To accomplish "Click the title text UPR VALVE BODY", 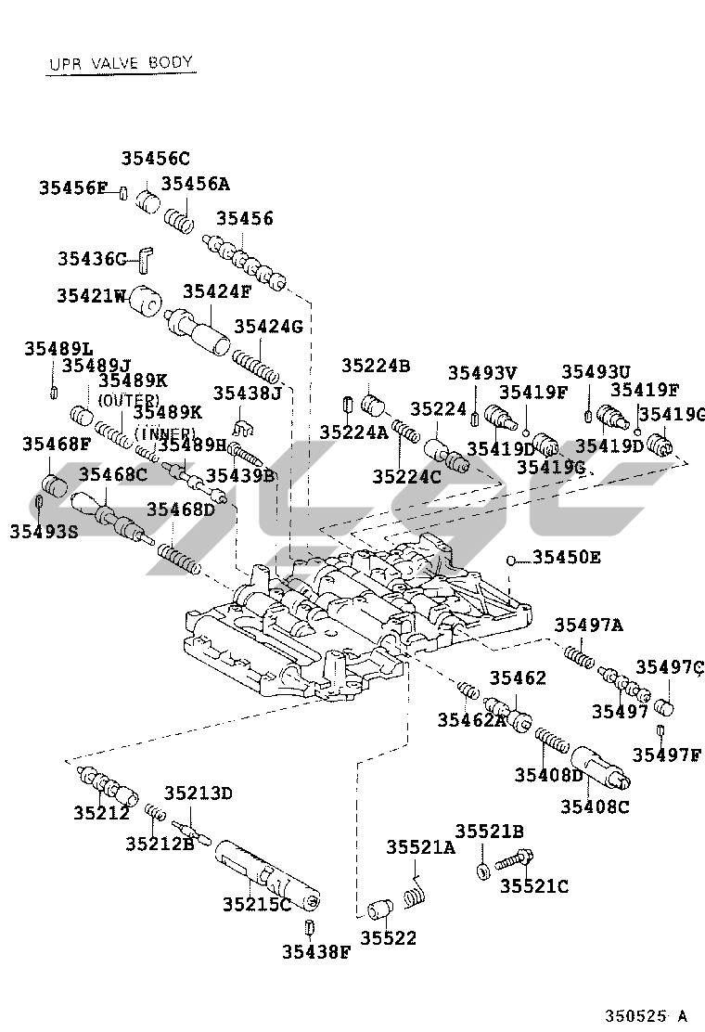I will pos(120,63).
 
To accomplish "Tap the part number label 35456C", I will pos(155,158).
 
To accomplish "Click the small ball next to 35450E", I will pos(510,559).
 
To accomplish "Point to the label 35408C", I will pos(595,806).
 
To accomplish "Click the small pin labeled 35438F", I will pos(307,927).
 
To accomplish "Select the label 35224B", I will pos(375,366).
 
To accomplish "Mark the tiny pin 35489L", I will pos(54,388).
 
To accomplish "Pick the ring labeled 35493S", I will pos(40,504).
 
